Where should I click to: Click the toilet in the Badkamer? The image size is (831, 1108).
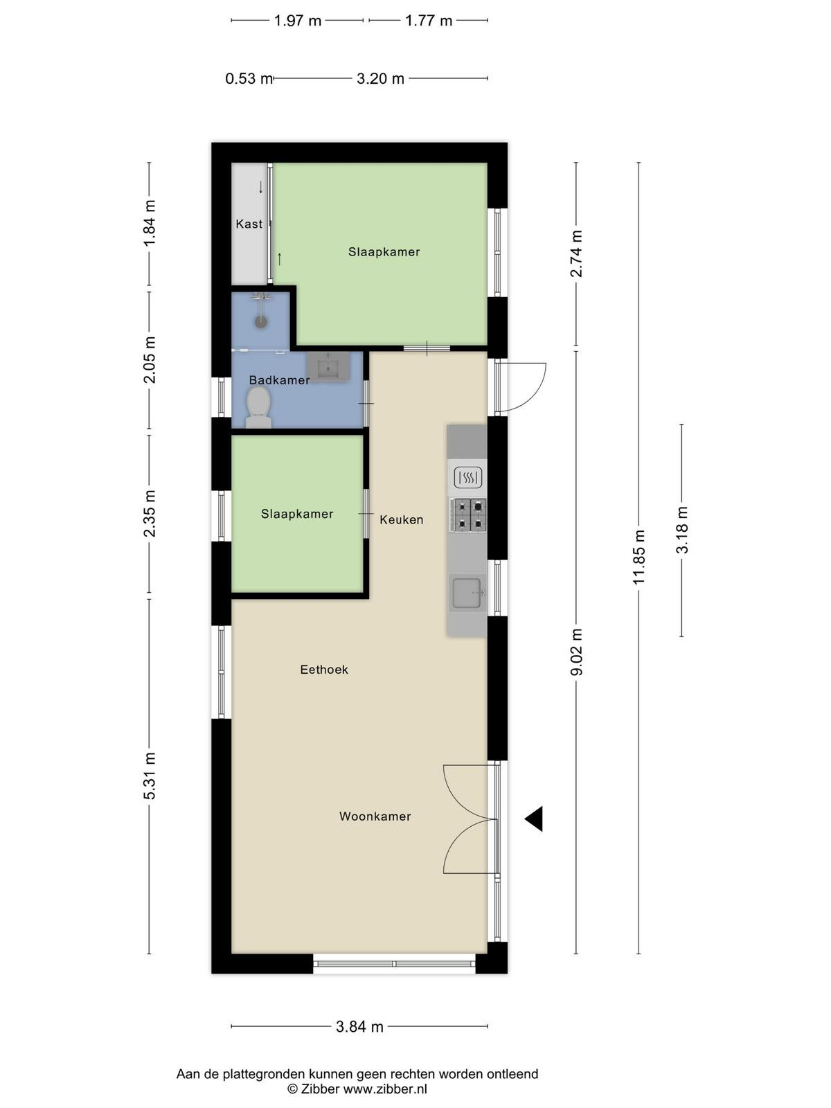tap(258, 407)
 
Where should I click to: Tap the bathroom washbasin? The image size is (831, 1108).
tap(328, 366)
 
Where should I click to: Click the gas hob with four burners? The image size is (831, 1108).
tap(468, 515)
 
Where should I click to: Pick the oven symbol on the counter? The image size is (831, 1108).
tap(468, 477)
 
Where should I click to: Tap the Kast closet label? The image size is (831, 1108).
tap(249, 224)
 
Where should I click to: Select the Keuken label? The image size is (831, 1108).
tap(402, 519)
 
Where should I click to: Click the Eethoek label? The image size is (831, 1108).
tap(324, 670)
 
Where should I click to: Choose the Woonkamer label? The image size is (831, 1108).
tap(375, 816)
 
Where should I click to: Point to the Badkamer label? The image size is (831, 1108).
tap(280, 380)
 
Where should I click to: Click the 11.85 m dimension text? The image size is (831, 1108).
tap(639, 557)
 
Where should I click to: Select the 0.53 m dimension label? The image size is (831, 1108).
tap(249, 79)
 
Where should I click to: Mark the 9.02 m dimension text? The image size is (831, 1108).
tap(576, 652)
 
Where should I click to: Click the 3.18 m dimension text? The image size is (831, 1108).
tap(682, 530)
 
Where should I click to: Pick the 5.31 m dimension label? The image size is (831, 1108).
tap(150, 776)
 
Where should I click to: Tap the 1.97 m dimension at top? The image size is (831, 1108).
tap(298, 21)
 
